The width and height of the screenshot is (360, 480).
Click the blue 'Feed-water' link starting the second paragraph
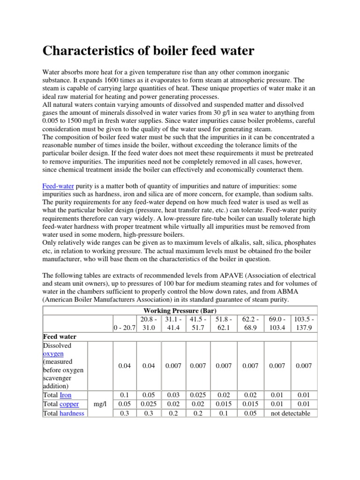pyautogui.click(x=58, y=186)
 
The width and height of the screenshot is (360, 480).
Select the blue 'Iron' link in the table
pyautogui.click(x=66, y=395)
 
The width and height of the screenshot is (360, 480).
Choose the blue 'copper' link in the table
pyautogui.click(x=69, y=404)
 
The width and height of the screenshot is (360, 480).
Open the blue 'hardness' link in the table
pyautogui.click(x=72, y=413)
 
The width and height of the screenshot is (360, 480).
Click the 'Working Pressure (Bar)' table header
pyautogui.click(x=180, y=310)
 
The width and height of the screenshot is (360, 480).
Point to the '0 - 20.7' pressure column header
pyautogui.click(x=124, y=328)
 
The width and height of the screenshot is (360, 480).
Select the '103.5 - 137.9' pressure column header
pyautogui.click(x=304, y=323)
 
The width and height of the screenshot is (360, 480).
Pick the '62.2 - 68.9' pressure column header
pyautogui.click(x=250, y=323)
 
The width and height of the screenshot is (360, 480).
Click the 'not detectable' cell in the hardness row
pyautogui.click(x=291, y=413)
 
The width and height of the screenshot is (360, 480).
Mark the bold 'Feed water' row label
pyautogui.click(x=60, y=337)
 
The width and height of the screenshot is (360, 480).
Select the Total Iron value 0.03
pyautogui.click(x=173, y=395)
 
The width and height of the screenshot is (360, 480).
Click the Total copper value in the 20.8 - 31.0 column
pyautogui.click(x=148, y=404)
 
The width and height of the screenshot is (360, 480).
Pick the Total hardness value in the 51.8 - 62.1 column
pyautogui.click(x=224, y=413)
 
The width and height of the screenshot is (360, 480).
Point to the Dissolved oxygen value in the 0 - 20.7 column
pyautogui.click(x=124, y=366)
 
